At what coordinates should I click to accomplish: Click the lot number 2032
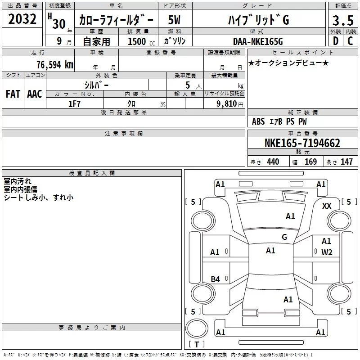pyautogui.click(x=22, y=19)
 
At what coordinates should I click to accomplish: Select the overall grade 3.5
pyautogui.click(x=343, y=20)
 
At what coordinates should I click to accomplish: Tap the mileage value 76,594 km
pyautogui.click(x=55, y=65)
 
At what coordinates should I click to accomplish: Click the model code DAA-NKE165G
pyautogui.click(x=258, y=41)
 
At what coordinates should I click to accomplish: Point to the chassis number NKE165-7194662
pyautogui.click(x=302, y=143)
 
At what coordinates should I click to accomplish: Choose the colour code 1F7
pyautogui.click(x=74, y=104)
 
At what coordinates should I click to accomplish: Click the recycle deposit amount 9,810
pyautogui.click(x=227, y=104)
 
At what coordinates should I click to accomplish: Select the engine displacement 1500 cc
pyautogui.click(x=141, y=41)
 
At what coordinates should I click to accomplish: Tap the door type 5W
pyautogui.click(x=174, y=20)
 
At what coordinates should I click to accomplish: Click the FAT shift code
pyautogui.click(x=13, y=94)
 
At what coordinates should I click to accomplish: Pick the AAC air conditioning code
pyautogui.click(x=35, y=94)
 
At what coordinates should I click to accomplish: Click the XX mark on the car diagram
pyautogui.click(x=327, y=206)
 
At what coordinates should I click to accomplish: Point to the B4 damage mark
pyautogui.click(x=216, y=279)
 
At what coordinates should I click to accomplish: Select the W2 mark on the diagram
pyautogui.click(x=327, y=252)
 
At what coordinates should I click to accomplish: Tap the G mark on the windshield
pyautogui.click(x=284, y=237)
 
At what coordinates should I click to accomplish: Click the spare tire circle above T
pyautogui.click(x=197, y=328)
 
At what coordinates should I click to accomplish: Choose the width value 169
pyautogui.click(x=310, y=162)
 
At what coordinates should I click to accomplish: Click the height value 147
pyautogui.click(x=346, y=162)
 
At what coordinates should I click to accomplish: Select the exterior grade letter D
pyautogui.click(x=336, y=41)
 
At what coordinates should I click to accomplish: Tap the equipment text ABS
pyautogui.click(x=258, y=121)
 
